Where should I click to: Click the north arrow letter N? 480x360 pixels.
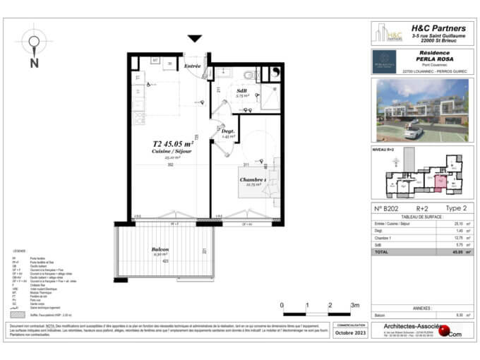[34, 62]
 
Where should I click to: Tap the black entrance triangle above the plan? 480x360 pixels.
[195, 39]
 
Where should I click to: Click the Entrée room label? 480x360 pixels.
[193, 66]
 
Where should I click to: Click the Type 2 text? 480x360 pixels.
[455, 208]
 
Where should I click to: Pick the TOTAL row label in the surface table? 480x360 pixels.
[381, 251]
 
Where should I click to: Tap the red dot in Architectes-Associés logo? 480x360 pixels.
[442, 329]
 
